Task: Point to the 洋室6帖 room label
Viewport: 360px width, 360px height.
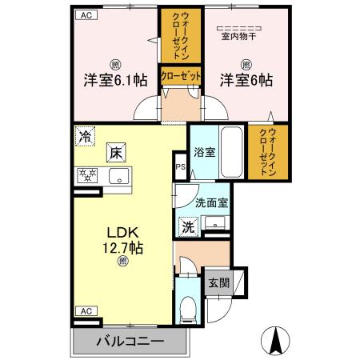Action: point(246,81)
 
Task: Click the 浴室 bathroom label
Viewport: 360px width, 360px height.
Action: point(204,151)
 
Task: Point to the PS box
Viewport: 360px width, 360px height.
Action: point(180,167)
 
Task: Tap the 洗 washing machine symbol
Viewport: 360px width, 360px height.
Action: point(188,226)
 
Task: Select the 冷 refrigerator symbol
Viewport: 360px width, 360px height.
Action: point(85,135)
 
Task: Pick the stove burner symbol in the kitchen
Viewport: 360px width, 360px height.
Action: point(87,176)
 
